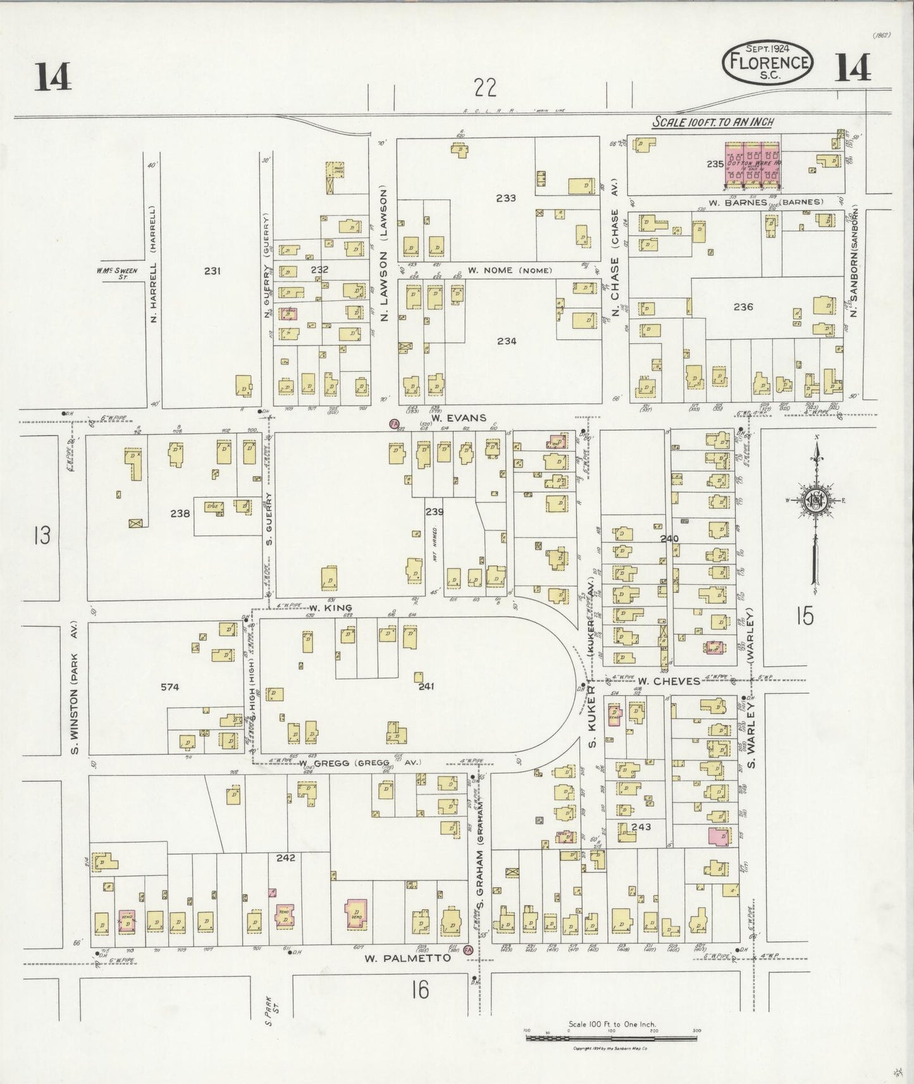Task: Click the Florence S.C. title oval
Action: click(768, 62)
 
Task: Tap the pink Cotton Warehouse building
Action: click(751, 164)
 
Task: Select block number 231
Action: click(212, 271)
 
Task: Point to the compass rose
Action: click(817, 500)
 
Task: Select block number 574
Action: click(170, 687)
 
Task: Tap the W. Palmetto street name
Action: click(407, 958)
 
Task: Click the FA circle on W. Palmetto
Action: click(469, 951)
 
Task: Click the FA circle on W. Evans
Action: click(395, 422)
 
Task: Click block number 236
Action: click(743, 307)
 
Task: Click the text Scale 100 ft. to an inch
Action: click(713, 122)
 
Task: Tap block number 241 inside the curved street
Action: click(426, 686)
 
